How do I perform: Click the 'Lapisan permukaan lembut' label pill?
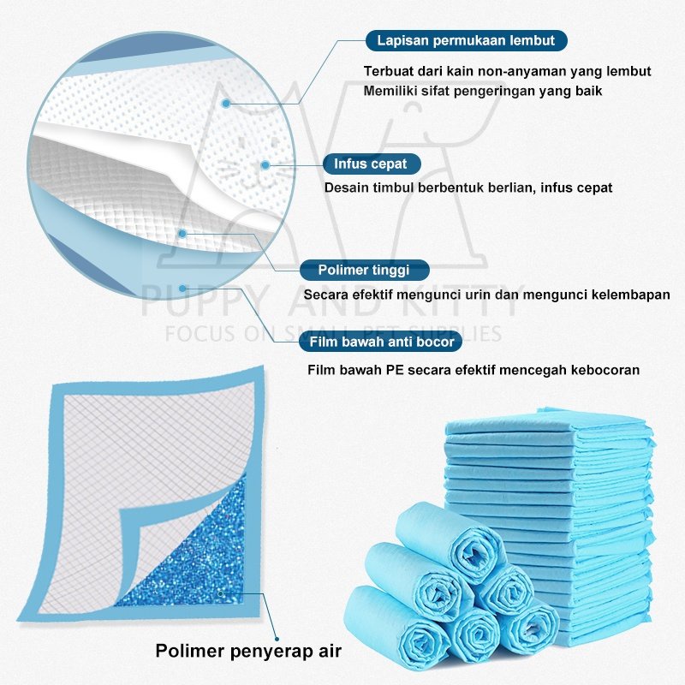(x=466, y=40)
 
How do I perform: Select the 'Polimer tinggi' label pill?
(x=363, y=271)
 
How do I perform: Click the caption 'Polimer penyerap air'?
(x=248, y=651)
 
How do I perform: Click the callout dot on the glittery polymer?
(x=221, y=592)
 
